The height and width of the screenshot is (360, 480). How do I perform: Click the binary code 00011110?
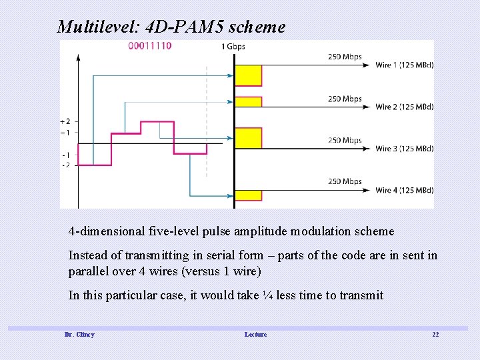pyautogui.click(x=150, y=46)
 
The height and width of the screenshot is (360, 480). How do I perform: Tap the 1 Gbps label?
pyautogui.click(x=233, y=47)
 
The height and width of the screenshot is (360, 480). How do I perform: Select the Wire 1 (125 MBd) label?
pyautogui.click(x=405, y=65)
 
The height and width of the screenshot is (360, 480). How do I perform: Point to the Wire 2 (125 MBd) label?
pyautogui.click(x=405, y=107)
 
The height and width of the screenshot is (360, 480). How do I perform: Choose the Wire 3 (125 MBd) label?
pyautogui.click(x=405, y=149)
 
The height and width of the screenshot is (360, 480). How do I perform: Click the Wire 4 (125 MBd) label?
pyautogui.click(x=405, y=190)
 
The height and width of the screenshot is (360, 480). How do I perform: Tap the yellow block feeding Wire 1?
pyautogui.click(x=248, y=75)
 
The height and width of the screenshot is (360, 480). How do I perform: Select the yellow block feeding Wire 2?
pyautogui.click(x=248, y=101)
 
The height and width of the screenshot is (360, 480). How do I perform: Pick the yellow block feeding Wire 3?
pyautogui.click(x=248, y=137)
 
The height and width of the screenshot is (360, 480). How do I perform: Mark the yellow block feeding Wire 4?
pyautogui.click(x=248, y=195)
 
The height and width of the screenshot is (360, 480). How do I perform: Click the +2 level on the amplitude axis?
pyautogui.click(x=65, y=121)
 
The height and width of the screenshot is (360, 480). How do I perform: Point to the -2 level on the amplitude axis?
pyautogui.click(x=66, y=165)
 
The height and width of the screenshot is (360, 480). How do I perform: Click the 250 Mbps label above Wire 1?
pyautogui.click(x=345, y=57)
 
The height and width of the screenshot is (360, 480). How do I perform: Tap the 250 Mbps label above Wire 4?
pyautogui.click(x=345, y=181)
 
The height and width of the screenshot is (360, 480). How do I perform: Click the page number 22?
pyautogui.click(x=435, y=334)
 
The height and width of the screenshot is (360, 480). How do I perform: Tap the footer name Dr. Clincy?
pyautogui.click(x=79, y=334)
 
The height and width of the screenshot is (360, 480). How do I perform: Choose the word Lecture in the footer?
pyautogui.click(x=255, y=334)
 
